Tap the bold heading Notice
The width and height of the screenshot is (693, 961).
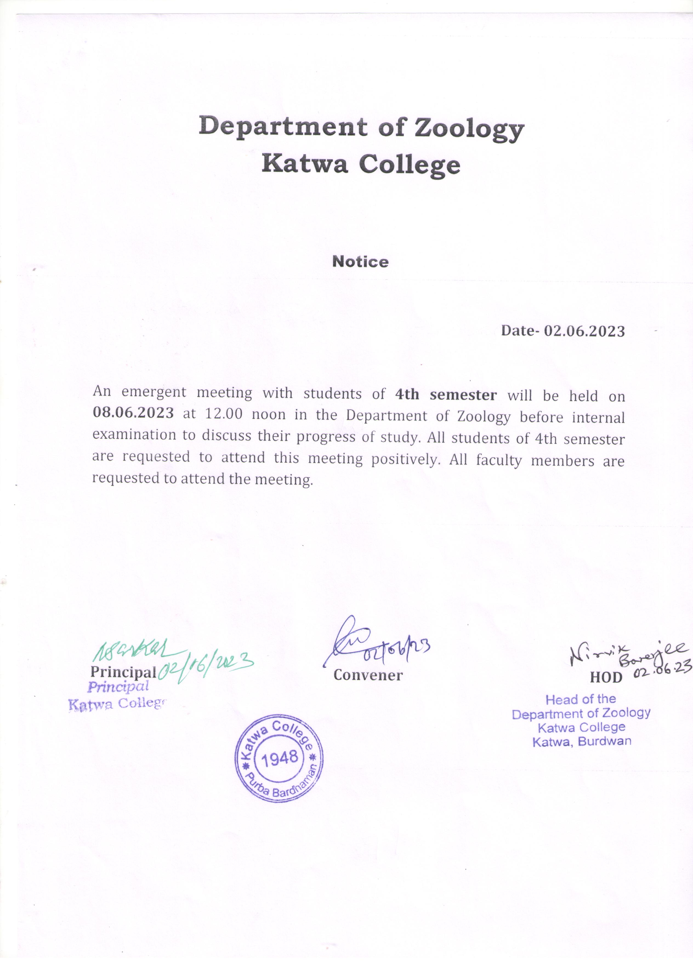click(x=360, y=262)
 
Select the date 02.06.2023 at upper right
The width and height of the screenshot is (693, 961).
click(x=584, y=331)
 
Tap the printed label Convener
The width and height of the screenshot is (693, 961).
click(x=368, y=675)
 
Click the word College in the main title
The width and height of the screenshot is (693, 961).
click(x=410, y=165)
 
